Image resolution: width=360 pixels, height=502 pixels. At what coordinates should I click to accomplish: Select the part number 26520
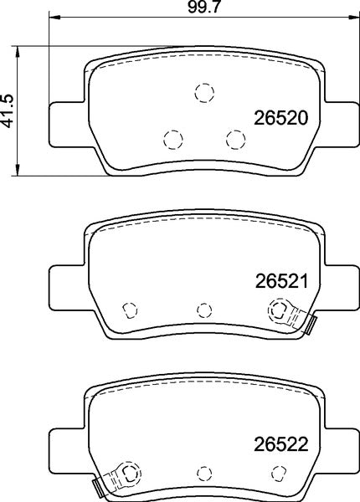tap(282, 118)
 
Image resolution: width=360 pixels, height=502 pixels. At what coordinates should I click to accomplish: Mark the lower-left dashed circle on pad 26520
tap(172, 138)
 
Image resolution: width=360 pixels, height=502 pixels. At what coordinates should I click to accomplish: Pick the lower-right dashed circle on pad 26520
tap(235, 137)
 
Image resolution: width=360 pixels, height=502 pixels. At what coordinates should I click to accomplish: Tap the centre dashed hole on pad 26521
tap(203, 310)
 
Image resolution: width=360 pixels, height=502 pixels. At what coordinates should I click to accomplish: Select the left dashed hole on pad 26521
tap(130, 310)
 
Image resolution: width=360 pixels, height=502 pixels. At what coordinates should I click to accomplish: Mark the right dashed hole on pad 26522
tap(276, 473)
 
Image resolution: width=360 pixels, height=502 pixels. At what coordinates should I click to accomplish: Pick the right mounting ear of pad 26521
tap(339, 285)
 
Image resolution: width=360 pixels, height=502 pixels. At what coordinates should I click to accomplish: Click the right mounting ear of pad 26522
tap(339, 448)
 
